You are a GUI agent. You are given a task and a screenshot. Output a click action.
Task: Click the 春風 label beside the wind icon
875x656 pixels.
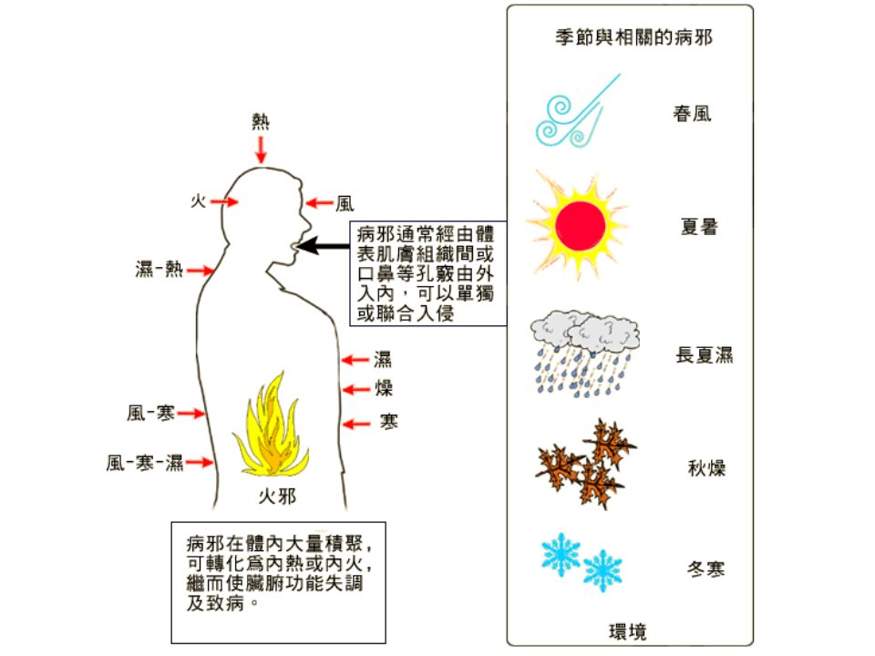coord(692,114)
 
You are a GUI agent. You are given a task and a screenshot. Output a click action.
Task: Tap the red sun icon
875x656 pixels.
coord(579,225)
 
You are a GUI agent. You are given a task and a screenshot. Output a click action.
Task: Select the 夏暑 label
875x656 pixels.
coord(699,227)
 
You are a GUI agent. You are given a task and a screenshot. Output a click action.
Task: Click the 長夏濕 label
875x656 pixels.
coord(705,354)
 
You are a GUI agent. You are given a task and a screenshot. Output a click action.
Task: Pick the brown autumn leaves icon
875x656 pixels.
coord(585,464)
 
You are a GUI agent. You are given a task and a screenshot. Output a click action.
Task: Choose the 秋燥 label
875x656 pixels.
coord(706,467)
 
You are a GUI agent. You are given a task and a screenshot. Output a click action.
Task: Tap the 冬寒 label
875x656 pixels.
coord(705,569)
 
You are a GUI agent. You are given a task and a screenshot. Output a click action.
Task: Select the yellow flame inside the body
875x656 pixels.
coord(272,426)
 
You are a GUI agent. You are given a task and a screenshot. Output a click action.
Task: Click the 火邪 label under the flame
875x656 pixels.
coord(277,496)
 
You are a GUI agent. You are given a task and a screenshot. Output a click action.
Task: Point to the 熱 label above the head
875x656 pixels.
coord(261,121)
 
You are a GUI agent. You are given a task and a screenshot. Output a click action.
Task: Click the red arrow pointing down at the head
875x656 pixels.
coord(261,149)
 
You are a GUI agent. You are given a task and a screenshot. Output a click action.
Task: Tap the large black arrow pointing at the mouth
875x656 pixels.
coord(323,245)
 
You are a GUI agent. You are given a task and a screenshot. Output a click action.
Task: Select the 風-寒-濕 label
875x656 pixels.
coord(145,462)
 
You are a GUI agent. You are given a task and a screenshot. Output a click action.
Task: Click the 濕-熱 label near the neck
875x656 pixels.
coord(160,269)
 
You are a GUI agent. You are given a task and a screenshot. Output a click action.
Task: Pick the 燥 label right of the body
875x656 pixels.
coord(384,387)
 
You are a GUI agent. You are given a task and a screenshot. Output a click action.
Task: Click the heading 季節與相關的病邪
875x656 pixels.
coord(634,37)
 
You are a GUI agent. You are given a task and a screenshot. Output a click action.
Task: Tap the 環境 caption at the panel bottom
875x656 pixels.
coord(628,631)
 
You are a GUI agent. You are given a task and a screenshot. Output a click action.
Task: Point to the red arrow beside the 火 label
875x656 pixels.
coord(224,201)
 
